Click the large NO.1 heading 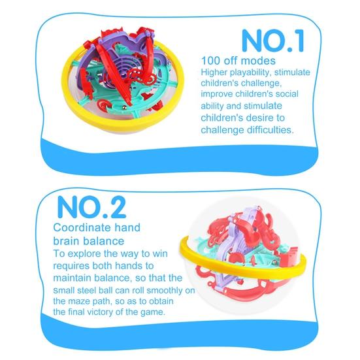pos(272,40)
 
